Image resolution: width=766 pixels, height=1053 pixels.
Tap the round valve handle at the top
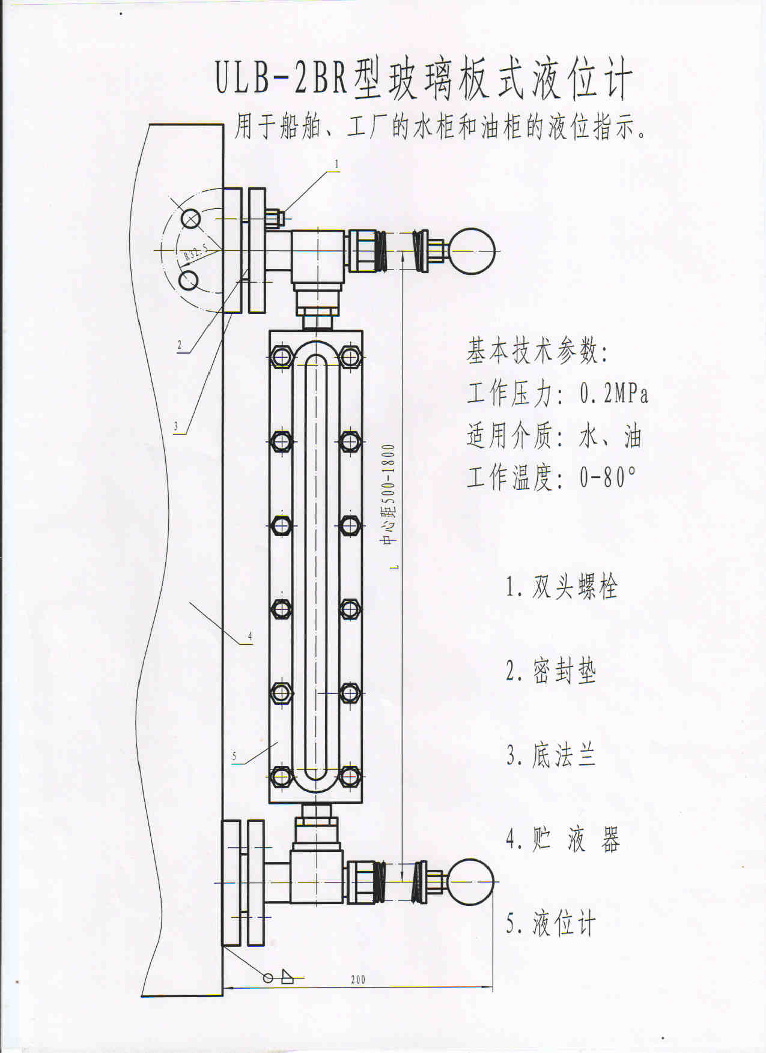click(x=472, y=252)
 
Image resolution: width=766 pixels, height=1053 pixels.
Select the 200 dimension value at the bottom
click(x=358, y=979)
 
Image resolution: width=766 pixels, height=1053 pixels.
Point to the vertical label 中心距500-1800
click(x=389, y=494)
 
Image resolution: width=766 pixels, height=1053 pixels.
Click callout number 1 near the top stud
click(x=337, y=163)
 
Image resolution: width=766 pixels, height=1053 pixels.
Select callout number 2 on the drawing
click(x=179, y=345)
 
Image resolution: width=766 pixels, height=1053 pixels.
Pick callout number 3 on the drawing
click(x=176, y=427)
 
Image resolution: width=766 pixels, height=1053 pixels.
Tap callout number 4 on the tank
click(x=250, y=636)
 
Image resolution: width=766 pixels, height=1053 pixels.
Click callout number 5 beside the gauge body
click(x=234, y=756)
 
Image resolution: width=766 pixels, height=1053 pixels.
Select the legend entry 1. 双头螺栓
click(x=562, y=587)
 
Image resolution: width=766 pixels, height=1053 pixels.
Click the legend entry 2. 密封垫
click(x=550, y=671)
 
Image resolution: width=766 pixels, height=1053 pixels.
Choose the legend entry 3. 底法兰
click(x=550, y=755)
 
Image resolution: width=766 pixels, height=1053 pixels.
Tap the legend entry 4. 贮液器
click(x=562, y=839)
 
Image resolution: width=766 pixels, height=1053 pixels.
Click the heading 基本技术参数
click(x=538, y=351)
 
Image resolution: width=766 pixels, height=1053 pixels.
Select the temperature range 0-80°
click(x=607, y=477)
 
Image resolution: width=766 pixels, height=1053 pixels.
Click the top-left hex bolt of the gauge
click(x=281, y=358)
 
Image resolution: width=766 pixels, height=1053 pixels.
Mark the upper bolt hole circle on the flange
click(x=191, y=219)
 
